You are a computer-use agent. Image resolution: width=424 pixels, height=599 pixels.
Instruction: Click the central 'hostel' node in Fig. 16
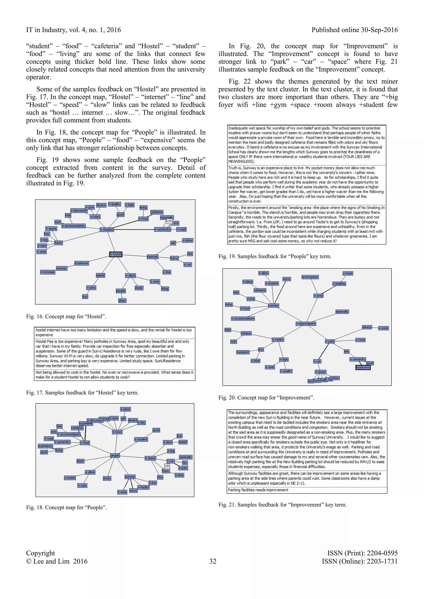116,254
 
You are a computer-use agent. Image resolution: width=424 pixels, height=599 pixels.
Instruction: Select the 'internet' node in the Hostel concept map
152,257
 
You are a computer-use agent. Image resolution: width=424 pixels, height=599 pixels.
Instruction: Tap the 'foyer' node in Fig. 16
58,243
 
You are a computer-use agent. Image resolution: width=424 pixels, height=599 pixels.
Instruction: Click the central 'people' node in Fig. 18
115,456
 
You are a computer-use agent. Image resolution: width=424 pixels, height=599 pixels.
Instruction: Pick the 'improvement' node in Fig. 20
306,324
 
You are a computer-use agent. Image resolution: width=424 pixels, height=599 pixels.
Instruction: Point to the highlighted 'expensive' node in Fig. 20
363,367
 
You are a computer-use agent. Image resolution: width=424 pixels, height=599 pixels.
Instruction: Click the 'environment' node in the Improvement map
310,277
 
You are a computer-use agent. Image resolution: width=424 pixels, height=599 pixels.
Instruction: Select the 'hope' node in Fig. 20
348,273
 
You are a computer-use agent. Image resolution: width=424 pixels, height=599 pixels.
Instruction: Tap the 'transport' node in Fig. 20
243,352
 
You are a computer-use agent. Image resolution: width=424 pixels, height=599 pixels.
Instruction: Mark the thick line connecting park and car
324,351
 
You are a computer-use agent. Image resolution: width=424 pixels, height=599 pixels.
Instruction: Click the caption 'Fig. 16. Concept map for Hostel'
66,316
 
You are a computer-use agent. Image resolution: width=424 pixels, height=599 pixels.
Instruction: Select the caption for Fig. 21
282,505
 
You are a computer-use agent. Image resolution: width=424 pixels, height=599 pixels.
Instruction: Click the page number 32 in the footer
213,561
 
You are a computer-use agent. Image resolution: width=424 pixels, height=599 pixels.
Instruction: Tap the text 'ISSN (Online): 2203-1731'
360,561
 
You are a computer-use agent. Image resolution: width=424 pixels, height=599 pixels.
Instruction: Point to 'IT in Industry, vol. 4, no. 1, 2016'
73,30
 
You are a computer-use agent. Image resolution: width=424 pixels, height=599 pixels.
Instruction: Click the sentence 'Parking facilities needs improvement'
258,490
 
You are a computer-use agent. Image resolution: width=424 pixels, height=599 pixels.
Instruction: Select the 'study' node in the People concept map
107,478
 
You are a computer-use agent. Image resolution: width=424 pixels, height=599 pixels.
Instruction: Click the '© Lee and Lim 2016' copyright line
57,561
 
